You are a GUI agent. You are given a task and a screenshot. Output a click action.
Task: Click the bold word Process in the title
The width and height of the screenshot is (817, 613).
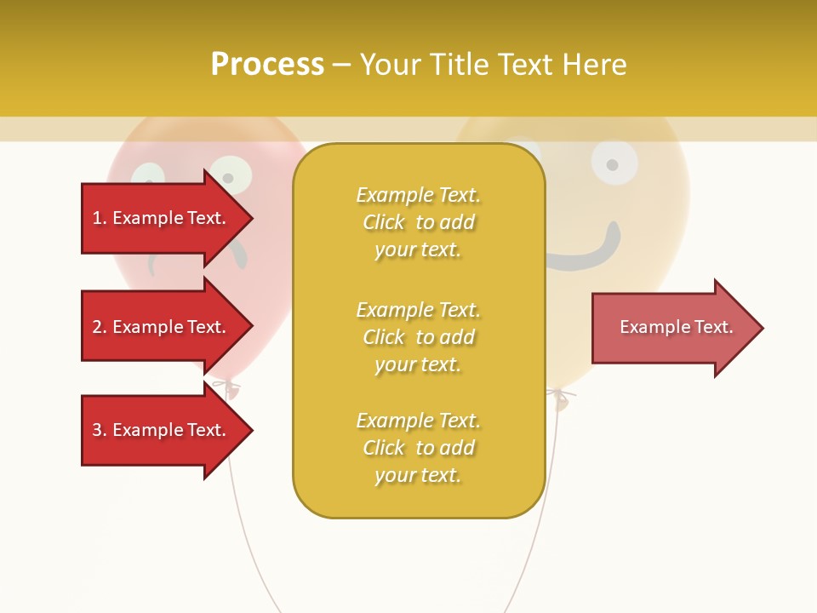(267, 65)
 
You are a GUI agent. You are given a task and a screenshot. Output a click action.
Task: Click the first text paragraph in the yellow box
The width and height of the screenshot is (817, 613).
(418, 222)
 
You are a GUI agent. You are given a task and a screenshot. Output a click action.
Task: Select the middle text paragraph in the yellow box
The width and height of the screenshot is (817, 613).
(418, 337)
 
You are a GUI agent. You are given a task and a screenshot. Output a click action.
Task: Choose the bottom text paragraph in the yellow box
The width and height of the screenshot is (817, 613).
(418, 448)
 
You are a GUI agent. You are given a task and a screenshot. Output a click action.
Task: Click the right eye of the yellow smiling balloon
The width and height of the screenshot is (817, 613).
(614, 163)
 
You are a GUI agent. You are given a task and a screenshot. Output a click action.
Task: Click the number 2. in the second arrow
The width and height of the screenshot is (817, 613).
(100, 327)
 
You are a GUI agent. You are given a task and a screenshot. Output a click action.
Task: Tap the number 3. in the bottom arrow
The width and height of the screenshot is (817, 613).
(100, 430)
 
